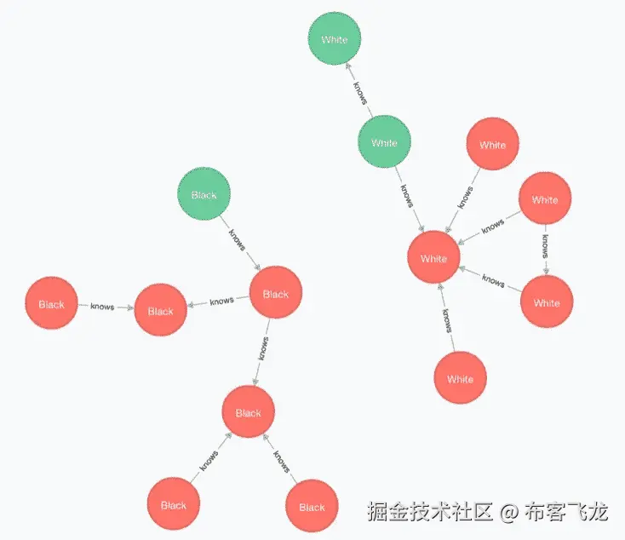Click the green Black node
click(204, 195)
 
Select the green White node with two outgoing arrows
click(384, 143)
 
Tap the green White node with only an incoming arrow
click(335, 39)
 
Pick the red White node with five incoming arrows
click(433, 258)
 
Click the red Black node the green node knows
click(276, 294)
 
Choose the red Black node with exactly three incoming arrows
click(248, 413)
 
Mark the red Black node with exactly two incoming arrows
click(160, 311)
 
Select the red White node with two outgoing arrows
click(545, 200)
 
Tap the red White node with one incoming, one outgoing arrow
click(547, 302)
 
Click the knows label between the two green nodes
click(360, 91)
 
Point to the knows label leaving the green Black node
click(238, 239)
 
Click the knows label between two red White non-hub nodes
click(545, 246)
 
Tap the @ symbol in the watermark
click(508, 512)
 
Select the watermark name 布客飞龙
click(566, 512)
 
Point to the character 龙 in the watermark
click(599, 512)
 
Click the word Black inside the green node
click(204, 195)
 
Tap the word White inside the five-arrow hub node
click(433, 258)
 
